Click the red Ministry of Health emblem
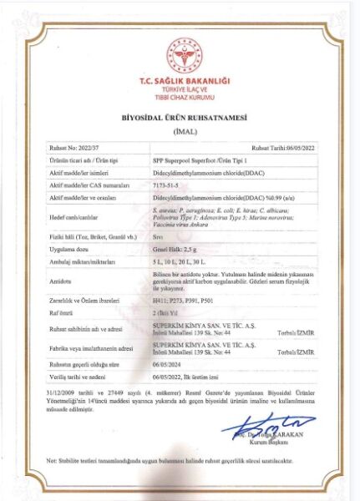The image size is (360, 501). [179, 53]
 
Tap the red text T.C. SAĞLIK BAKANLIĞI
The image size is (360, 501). [179, 81]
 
